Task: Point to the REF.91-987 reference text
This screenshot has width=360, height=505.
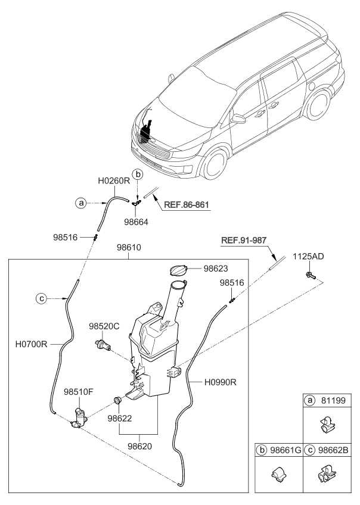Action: coord(244,241)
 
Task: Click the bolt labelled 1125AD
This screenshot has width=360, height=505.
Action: coord(309,275)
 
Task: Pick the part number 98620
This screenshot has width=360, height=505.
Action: coord(141,445)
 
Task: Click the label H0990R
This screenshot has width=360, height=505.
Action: coord(220,382)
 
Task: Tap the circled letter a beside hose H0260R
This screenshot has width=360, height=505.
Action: coord(81,203)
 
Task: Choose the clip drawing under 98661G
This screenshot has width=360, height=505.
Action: coord(277,476)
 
